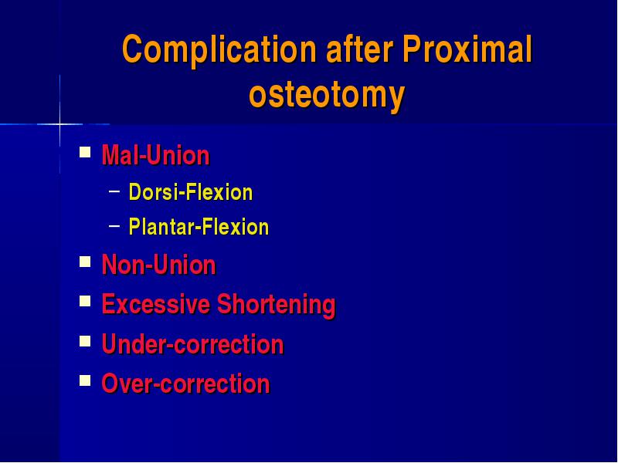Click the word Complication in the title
pyautogui.click(x=219, y=50)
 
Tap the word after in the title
pyautogui.click(x=359, y=49)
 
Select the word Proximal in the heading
pyautogui.click(x=467, y=49)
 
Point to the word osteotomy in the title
pyautogui.click(x=327, y=96)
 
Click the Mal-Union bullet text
pyautogui.click(x=156, y=155)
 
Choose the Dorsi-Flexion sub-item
pyautogui.click(x=191, y=192)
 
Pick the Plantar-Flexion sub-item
pyautogui.click(x=199, y=226)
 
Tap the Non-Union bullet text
pyautogui.click(x=159, y=264)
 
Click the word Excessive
pyautogui.click(x=156, y=304)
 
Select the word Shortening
pyautogui.click(x=277, y=305)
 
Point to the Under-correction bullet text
pyautogui.click(x=192, y=343)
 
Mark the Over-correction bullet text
pyautogui.click(x=185, y=384)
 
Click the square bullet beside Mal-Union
pyautogui.click(x=85, y=152)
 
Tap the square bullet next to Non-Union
pyautogui.click(x=85, y=262)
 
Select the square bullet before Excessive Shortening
pyautogui.click(x=85, y=301)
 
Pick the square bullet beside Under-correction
pyautogui.click(x=85, y=341)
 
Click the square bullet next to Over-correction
pyautogui.click(x=85, y=380)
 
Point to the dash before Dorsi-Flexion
pyautogui.click(x=114, y=191)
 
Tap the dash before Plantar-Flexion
pyautogui.click(x=114, y=226)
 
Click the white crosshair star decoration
pyautogui.click(x=60, y=124)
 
